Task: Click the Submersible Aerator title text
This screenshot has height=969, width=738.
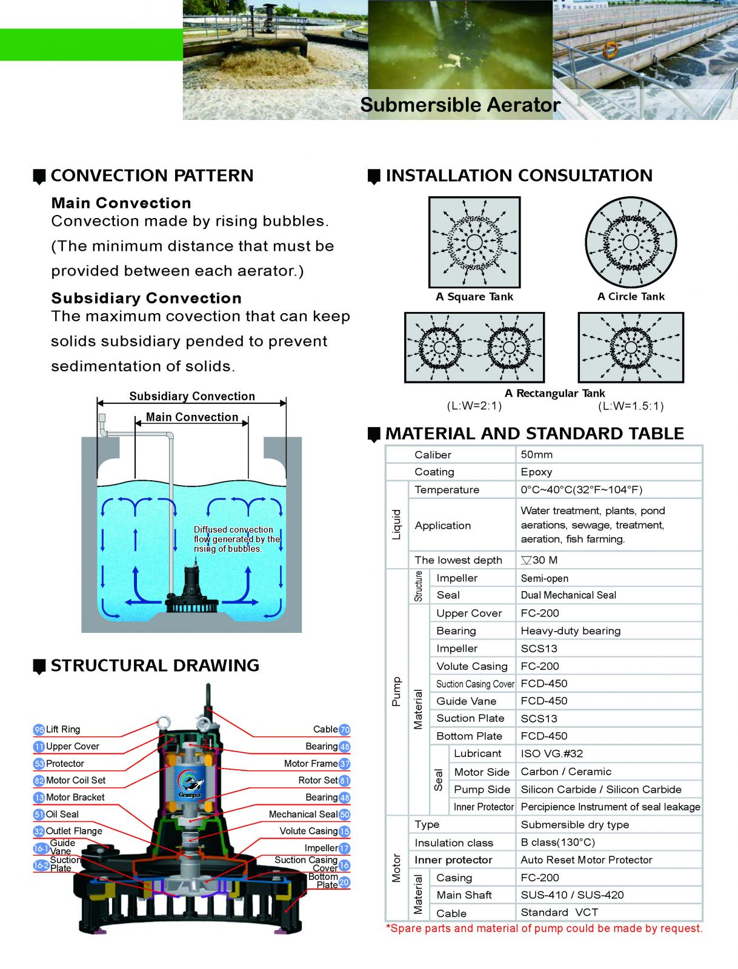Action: [460, 105]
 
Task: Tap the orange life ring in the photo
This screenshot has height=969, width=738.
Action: [610, 50]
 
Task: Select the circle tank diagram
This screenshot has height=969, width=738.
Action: [631, 242]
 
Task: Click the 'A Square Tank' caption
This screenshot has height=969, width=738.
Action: [474, 297]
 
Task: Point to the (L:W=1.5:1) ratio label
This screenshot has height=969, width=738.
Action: [631, 406]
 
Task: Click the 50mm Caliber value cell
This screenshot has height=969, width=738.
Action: [537, 455]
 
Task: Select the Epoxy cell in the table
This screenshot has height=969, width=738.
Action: [537, 472]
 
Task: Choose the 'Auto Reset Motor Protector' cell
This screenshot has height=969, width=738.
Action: [587, 860]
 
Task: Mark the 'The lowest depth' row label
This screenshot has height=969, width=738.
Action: [459, 560]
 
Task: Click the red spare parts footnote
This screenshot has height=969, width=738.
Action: [544, 928]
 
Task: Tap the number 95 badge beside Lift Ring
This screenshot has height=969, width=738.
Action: [39, 730]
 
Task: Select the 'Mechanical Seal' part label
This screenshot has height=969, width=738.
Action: [303, 815]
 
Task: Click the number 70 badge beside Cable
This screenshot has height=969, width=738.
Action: [345, 730]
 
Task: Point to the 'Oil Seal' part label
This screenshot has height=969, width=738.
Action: [62, 815]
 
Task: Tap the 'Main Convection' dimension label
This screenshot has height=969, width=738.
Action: [192, 417]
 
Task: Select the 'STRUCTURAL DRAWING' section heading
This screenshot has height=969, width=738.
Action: [155, 666]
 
